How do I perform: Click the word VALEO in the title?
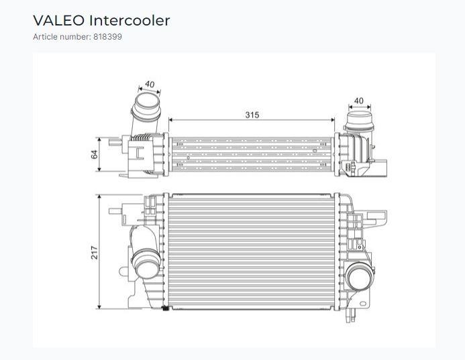(x=59, y=20)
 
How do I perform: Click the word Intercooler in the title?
(x=130, y=20)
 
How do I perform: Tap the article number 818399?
(x=107, y=37)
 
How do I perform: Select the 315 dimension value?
(x=252, y=115)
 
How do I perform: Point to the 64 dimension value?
(x=95, y=154)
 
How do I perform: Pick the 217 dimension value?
(x=95, y=253)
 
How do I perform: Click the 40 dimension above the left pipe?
(x=150, y=84)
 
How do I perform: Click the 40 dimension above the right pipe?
(x=359, y=101)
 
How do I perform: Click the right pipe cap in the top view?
(x=360, y=121)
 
